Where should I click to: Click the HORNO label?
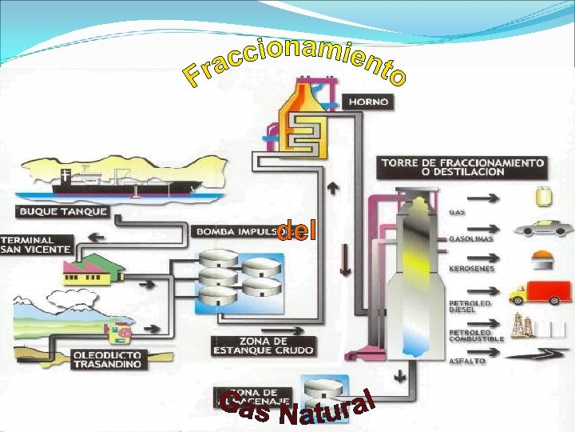pos(368,102)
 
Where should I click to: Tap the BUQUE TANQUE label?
pos(63,213)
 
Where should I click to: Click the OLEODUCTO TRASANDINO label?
pos(106,359)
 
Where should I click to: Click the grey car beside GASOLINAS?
pos(543,228)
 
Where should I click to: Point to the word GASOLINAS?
pos(471,238)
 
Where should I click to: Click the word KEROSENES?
pos(472,269)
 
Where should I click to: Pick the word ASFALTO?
pos(467,361)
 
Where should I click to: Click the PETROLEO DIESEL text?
pos(470,307)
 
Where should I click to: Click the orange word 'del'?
pos(296,232)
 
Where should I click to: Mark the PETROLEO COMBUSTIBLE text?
pos(476,335)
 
